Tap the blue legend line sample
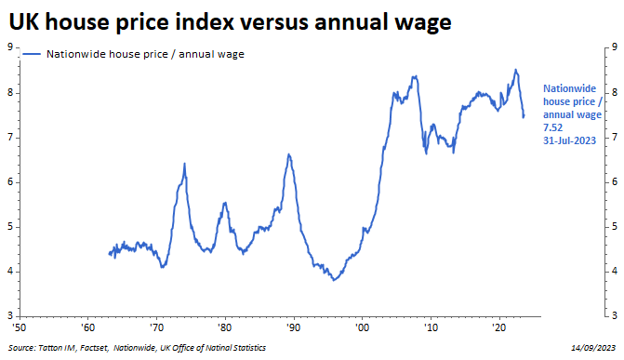click(32, 54)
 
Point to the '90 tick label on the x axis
click(293, 327)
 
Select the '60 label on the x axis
click(87, 327)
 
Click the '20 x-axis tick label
click(499, 327)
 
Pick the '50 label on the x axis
click(20, 327)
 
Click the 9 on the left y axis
click(10, 47)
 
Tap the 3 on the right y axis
click(615, 315)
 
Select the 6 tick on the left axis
click(10, 182)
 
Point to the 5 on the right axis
click(615, 227)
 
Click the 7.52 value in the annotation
click(552, 127)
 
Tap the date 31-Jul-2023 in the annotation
click(569, 140)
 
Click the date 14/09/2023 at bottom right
click(593, 348)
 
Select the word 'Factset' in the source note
click(94, 348)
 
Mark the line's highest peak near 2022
click(516, 70)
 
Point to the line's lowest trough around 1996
click(334, 280)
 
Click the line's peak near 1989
click(289, 154)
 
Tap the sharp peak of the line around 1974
click(185, 164)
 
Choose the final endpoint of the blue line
click(524, 116)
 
